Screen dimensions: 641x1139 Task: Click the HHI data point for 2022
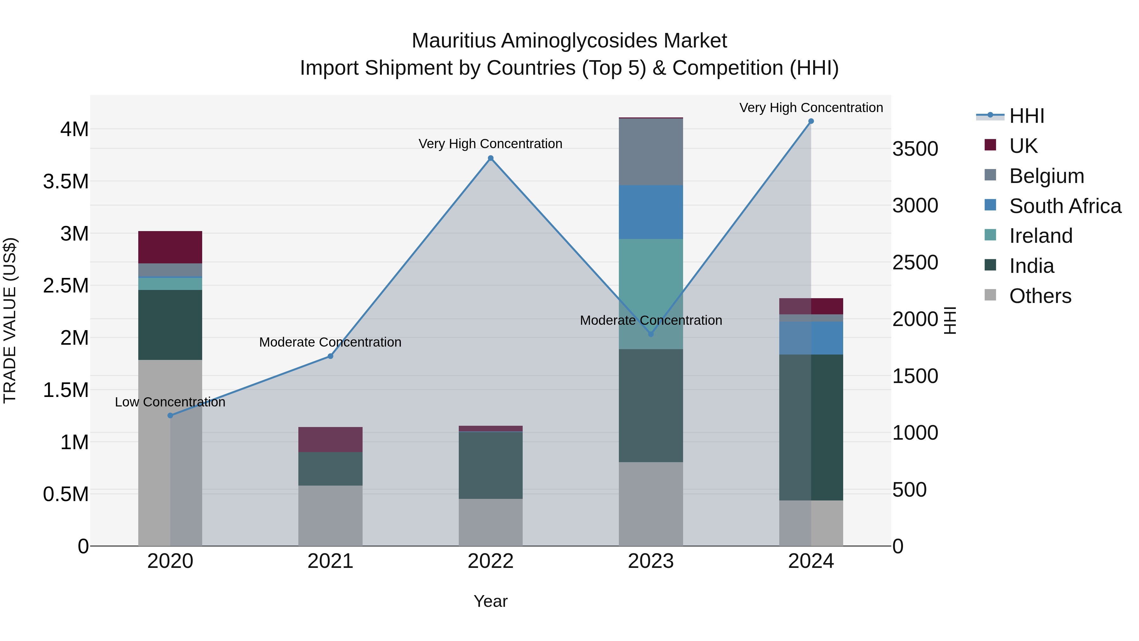point(490,158)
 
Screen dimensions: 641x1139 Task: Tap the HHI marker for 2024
point(811,121)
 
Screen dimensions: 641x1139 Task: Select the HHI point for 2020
point(170,415)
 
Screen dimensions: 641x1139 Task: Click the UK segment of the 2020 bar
point(170,247)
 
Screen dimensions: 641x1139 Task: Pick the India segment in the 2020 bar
point(170,325)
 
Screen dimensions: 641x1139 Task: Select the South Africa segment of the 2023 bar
point(650,212)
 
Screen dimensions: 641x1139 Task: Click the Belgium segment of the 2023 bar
point(650,152)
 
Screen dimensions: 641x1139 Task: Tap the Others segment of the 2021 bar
point(330,515)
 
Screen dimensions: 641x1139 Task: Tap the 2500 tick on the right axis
point(915,262)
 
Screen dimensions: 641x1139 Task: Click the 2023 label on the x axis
point(650,561)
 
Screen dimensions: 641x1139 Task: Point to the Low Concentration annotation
point(170,402)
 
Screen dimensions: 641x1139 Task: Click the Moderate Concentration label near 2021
point(330,342)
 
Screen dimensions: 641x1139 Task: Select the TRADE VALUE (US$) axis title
point(10,320)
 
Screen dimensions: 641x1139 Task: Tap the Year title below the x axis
point(490,601)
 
